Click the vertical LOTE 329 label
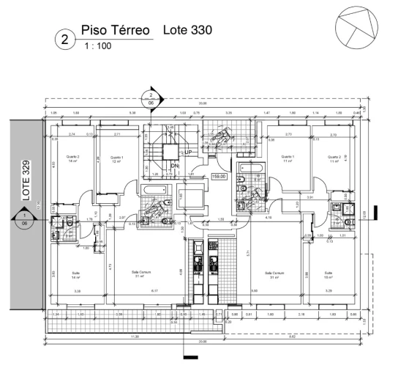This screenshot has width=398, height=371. click(x=26, y=180)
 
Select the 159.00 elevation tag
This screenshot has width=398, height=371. click(x=219, y=177)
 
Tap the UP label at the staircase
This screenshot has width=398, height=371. click(x=189, y=152)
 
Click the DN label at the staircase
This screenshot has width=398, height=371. click(x=175, y=166)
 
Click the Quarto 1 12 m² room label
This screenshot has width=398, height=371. click(x=116, y=159)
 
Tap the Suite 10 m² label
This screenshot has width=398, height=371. click(x=328, y=276)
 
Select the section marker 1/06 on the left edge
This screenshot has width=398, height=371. click(x=24, y=219)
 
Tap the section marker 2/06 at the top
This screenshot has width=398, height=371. click(x=151, y=100)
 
